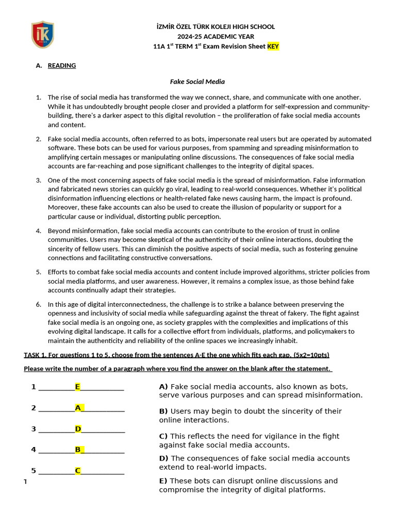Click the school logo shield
pyautogui.click(x=42, y=35)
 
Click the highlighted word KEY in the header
pyautogui.click(x=273, y=46)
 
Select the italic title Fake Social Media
pyautogui.click(x=197, y=81)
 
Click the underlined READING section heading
pyautogui.click(x=62, y=65)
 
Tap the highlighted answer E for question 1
pyautogui.click(x=77, y=387)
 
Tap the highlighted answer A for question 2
pyautogui.click(x=78, y=408)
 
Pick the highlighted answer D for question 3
pyautogui.click(x=78, y=429)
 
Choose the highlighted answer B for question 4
pyautogui.click(x=78, y=450)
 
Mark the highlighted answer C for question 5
pyautogui.click(x=78, y=470)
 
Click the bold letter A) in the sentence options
pyautogui.click(x=163, y=387)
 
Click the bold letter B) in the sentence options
pyautogui.click(x=163, y=411)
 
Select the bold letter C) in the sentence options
pyautogui.click(x=163, y=436)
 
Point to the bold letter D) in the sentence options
pyautogui.click(x=163, y=458)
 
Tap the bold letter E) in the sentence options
pyautogui.click(x=163, y=481)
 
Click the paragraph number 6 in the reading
pyautogui.click(x=38, y=304)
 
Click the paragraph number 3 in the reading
pyautogui.click(x=38, y=180)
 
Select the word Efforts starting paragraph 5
pyautogui.click(x=59, y=272)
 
